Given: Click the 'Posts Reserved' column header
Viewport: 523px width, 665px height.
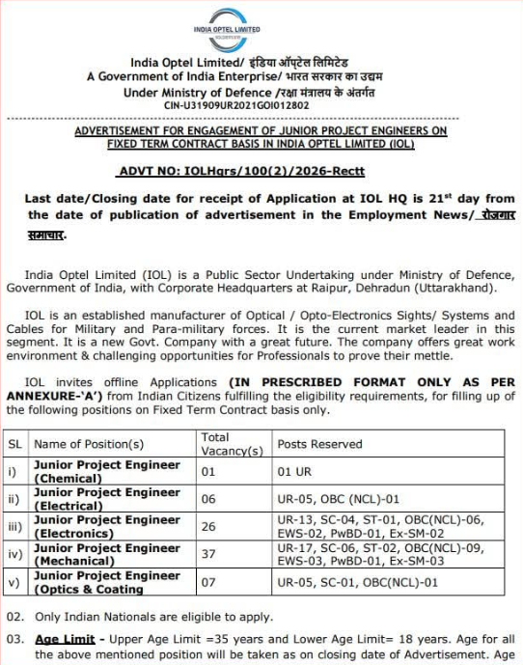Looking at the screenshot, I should tap(319, 444).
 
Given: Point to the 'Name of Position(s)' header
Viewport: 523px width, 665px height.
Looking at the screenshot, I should tap(89, 444).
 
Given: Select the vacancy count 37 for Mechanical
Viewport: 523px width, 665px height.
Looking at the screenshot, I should tap(209, 554).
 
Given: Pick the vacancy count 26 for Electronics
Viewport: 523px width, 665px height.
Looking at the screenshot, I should tap(209, 526).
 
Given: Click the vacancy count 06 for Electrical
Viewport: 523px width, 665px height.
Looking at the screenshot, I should tap(209, 499).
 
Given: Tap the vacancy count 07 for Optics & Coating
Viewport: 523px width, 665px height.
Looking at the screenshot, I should tap(209, 582).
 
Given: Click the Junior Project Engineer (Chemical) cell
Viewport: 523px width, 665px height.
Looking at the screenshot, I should tap(106, 471).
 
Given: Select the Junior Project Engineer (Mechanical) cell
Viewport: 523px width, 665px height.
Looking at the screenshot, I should tap(106, 554).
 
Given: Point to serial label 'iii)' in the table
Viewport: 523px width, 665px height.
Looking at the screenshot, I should tap(15, 526).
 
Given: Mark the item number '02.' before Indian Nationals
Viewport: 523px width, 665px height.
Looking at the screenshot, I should tap(15, 616).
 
